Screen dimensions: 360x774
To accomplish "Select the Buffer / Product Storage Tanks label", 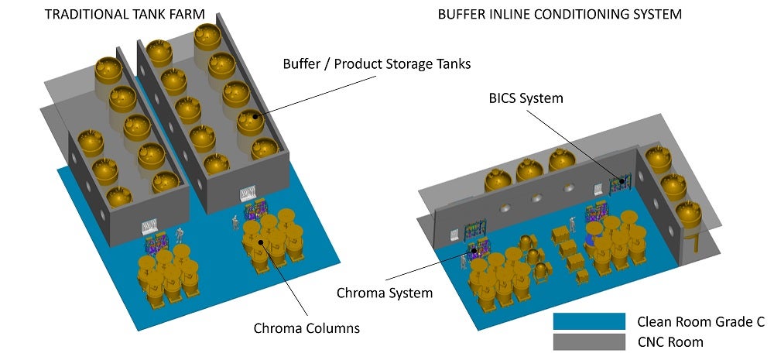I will point(376,64).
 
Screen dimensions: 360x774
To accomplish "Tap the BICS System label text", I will point(526,98).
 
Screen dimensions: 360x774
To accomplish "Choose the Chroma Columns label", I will point(307,327).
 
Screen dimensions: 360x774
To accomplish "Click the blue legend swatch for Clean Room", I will point(589,321).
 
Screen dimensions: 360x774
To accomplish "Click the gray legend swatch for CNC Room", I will point(589,341).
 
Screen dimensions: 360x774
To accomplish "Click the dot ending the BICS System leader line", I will point(618,182).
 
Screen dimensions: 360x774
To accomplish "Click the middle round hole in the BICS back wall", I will point(536,199).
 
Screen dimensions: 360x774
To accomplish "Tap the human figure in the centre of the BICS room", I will point(574,225).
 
